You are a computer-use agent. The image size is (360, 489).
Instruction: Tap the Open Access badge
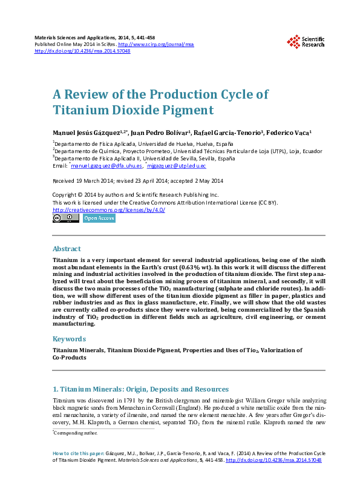99,218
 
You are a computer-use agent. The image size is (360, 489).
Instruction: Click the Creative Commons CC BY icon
65,218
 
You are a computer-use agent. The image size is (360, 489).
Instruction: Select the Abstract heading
67,249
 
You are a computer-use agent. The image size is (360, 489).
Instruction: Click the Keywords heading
69,339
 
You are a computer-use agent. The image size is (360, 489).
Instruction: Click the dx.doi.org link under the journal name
82,51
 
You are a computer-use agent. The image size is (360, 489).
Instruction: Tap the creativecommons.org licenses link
108,209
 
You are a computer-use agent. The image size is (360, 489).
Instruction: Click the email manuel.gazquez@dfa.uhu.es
106,165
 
